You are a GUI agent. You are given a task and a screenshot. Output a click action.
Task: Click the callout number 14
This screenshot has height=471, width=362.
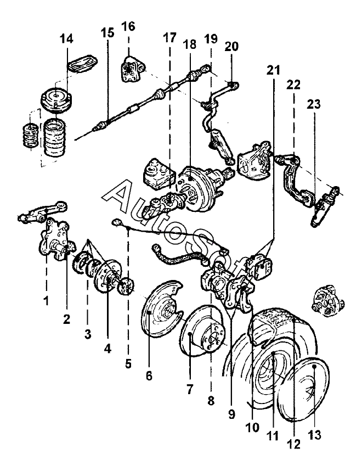click(x=66, y=39)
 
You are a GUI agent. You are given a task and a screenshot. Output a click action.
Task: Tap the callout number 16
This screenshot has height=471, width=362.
click(x=128, y=26)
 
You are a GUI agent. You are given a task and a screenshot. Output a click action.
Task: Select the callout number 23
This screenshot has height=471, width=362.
click(x=314, y=104)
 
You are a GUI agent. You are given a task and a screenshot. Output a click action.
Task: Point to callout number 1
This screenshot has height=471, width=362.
click(x=46, y=300)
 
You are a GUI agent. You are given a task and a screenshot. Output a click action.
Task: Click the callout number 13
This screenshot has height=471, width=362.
click(x=314, y=435)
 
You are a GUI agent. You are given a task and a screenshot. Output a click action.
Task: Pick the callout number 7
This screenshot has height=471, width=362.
click(x=189, y=390)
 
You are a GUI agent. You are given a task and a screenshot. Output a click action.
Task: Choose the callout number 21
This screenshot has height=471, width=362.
click(x=273, y=71)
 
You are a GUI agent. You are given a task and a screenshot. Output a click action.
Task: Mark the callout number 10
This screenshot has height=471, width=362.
click(x=252, y=428)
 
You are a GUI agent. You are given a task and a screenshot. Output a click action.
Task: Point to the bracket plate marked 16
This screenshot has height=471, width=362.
click(x=132, y=68)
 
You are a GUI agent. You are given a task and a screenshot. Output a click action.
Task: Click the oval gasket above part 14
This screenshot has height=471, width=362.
click(x=82, y=63)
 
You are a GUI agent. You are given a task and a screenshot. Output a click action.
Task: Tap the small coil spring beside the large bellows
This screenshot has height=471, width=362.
click(x=30, y=135)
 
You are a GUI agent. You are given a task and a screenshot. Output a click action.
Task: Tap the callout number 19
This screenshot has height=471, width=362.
click(x=211, y=39)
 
